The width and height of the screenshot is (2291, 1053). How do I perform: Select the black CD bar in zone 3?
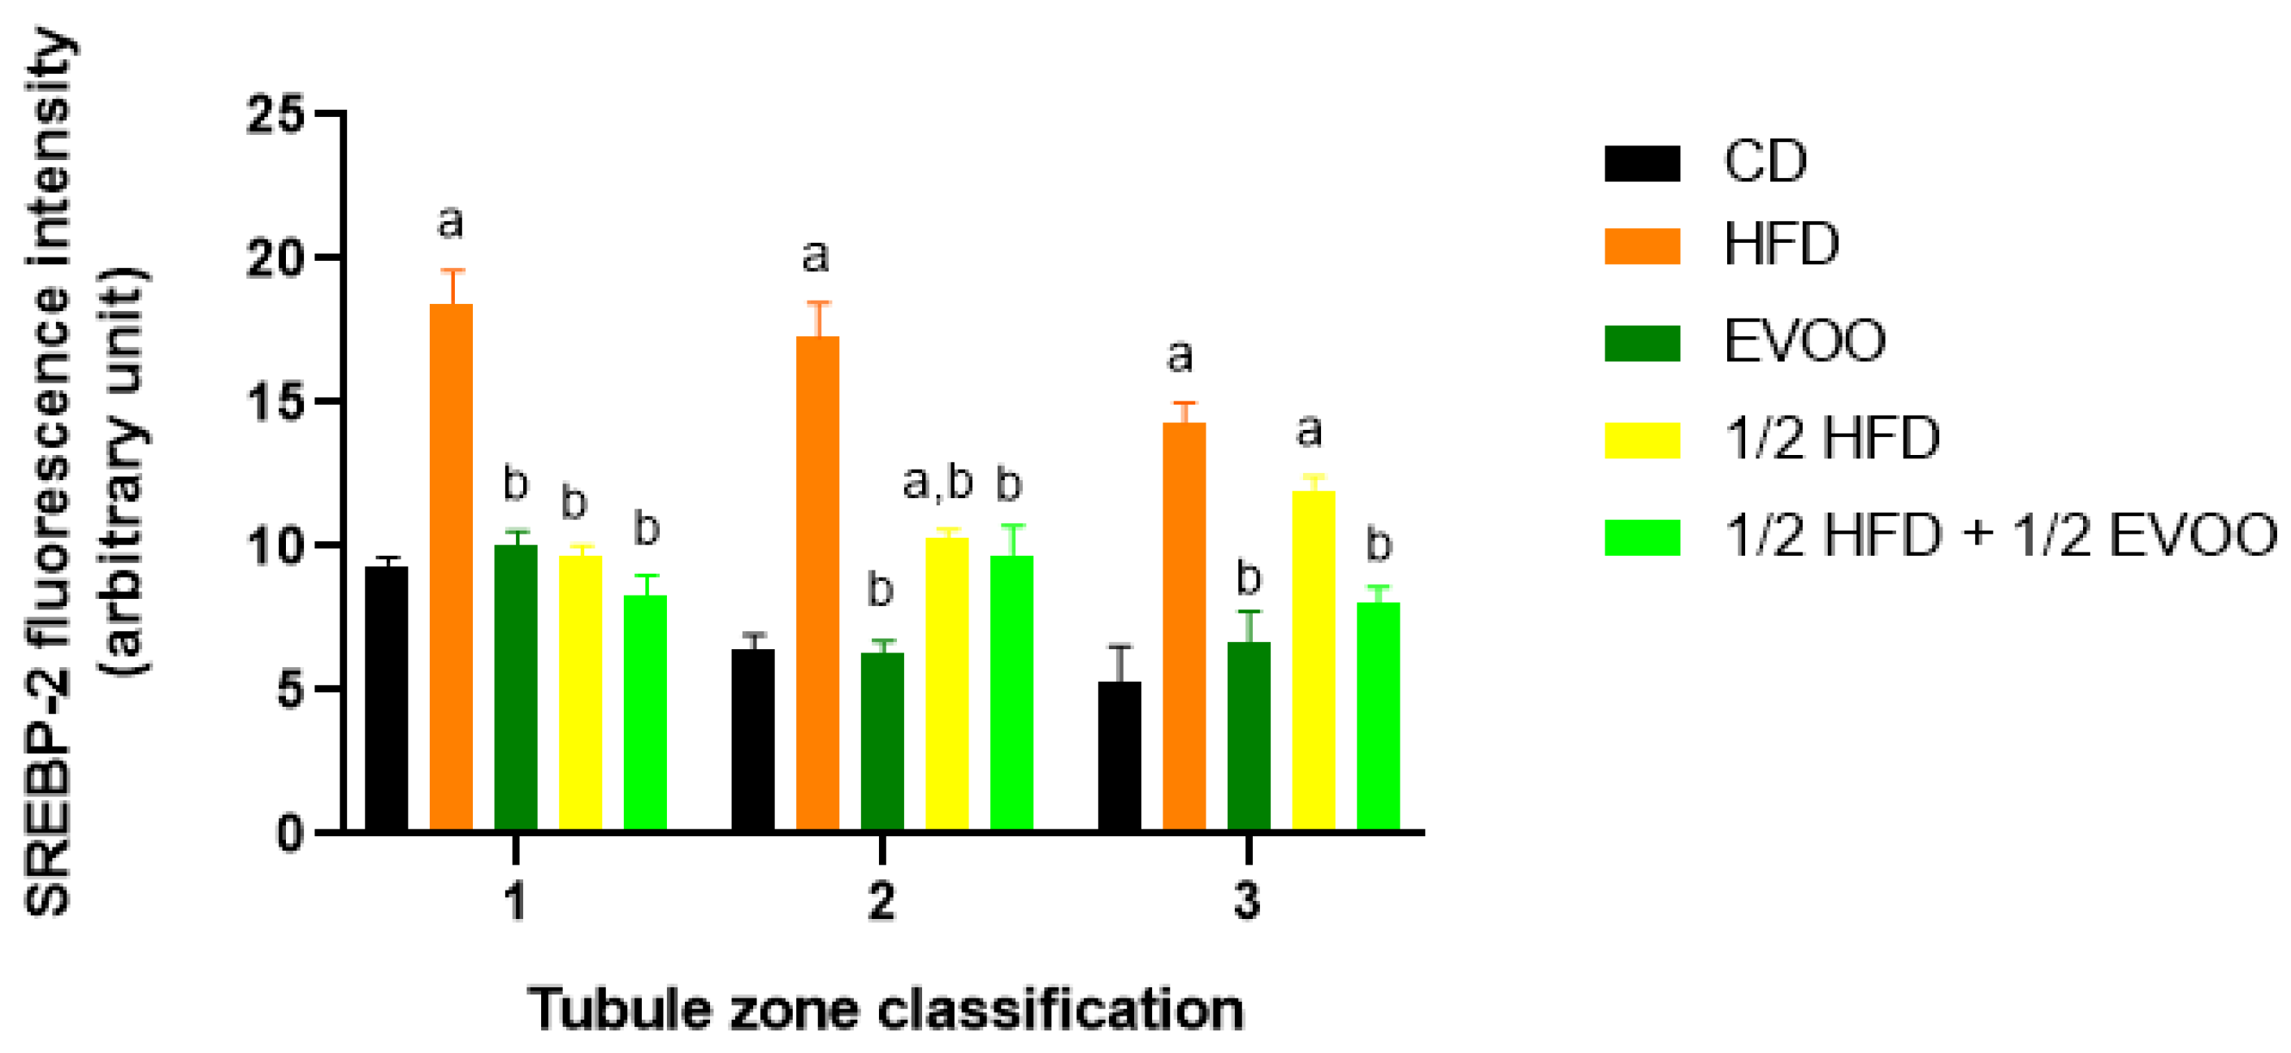(x=1119, y=755)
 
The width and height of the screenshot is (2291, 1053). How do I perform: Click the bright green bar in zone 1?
(x=645, y=712)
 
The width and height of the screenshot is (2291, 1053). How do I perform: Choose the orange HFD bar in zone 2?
(x=817, y=583)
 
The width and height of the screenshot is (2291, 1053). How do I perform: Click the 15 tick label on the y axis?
(x=276, y=402)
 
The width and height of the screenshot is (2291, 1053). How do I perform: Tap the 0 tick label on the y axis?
(x=290, y=834)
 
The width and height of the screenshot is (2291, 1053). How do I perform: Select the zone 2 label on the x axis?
(x=881, y=901)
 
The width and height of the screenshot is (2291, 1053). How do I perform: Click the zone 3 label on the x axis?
(x=1248, y=901)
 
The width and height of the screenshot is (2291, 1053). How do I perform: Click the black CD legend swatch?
(x=1642, y=163)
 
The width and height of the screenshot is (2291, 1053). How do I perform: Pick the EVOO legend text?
(x=1804, y=341)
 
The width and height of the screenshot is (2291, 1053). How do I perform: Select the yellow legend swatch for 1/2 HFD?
(x=1642, y=440)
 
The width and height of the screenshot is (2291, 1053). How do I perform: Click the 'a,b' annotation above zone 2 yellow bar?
(x=938, y=483)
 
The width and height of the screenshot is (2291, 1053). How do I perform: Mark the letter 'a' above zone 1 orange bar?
(x=451, y=223)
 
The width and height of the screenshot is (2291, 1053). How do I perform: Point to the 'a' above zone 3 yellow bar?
(x=1308, y=431)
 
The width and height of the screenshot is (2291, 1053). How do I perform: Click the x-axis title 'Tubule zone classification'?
(x=886, y=1010)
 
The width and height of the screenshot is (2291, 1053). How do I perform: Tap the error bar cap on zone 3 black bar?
(x=1120, y=647)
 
